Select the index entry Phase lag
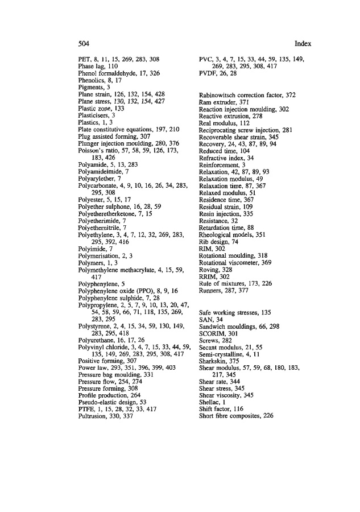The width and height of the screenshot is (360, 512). [x=97, y=66]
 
